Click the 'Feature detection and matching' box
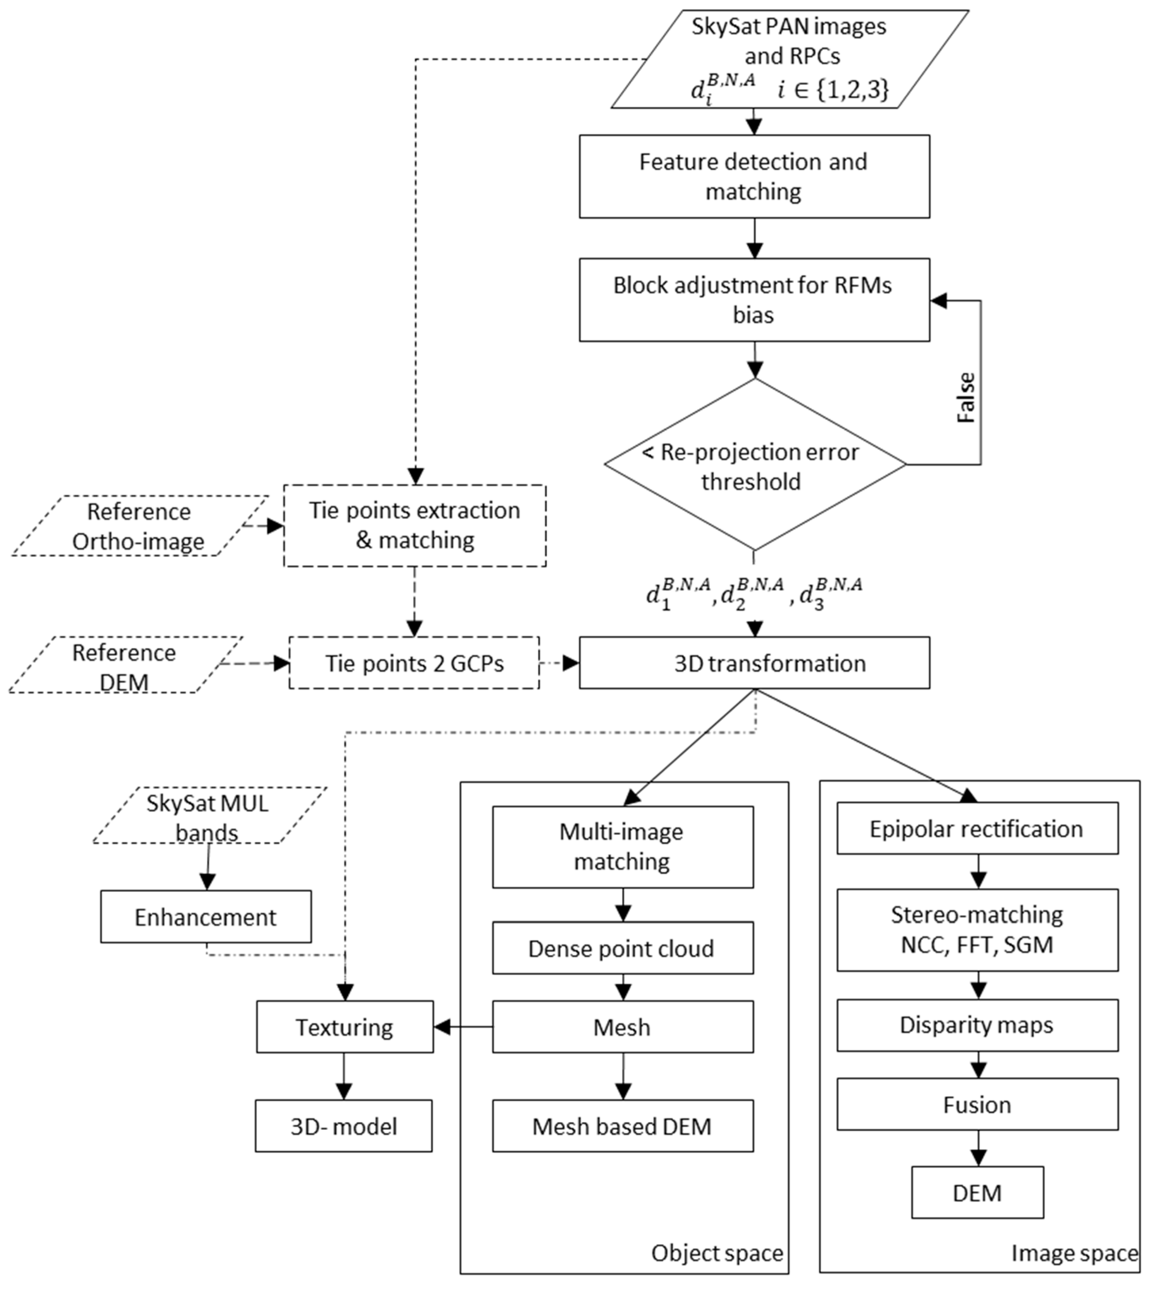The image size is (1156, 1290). [754, 176]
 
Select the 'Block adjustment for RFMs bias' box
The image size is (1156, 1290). [754, 300]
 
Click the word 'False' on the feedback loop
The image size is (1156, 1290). [966, 398]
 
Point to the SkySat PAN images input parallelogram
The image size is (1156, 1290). [790, 58]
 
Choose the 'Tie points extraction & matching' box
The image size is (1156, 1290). [414, 526]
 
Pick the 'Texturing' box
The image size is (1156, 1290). [344, 1028]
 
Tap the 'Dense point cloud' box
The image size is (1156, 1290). [622, 949]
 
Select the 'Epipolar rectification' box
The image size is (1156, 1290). [977, 829]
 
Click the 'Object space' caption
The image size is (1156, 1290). [717, 1253]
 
